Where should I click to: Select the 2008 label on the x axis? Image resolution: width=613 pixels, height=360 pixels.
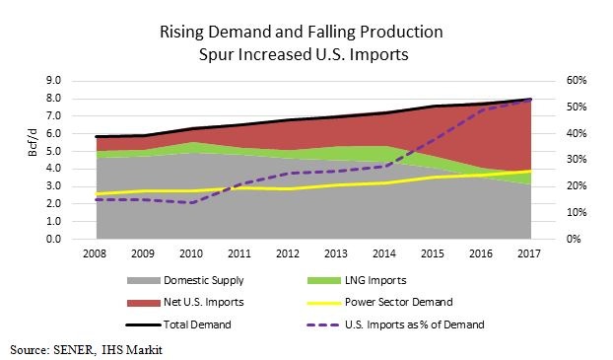pos(97,255)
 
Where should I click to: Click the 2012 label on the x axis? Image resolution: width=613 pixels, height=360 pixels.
pos(289,255)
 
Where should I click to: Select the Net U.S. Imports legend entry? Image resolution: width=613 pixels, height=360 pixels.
pos(198,303)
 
